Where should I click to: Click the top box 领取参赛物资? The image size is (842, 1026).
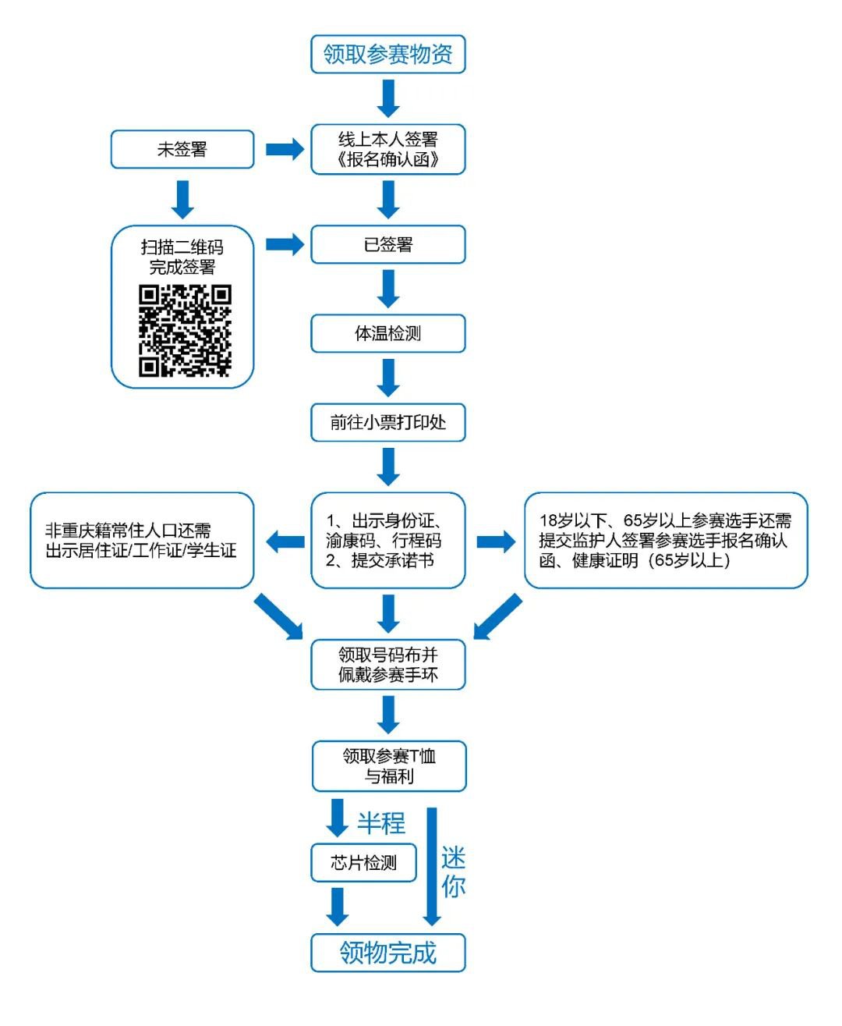tap(387, 55)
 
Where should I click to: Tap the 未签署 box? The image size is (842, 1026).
tap(182, 149)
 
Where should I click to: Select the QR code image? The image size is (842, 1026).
tap(185, 331)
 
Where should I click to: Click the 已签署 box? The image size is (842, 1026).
tap(387, 245)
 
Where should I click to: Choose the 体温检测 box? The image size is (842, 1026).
tap(387, 334)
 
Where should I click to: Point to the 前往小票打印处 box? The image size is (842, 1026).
tap(387, 423)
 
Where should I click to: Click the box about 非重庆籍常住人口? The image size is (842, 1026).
tap(142, 540)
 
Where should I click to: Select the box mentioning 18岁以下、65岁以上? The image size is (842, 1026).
tap(665, 540)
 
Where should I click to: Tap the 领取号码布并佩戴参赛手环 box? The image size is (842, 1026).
tap(387, 665)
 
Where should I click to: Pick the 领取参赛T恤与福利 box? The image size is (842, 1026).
tap(389, 766)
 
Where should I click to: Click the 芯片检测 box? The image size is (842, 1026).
tap(363, 863)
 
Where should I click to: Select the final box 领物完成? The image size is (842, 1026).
tap(387, 953)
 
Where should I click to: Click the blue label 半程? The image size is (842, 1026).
tap(381, 823)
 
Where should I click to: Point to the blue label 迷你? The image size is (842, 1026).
tap(454, 872)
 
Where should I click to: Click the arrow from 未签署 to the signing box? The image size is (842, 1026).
tap(284, 149)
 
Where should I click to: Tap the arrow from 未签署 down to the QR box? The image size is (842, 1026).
tap(182, 199)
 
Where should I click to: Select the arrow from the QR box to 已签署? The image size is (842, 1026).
tap(284, 245)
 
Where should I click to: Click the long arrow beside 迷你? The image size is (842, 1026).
tap(432, 866)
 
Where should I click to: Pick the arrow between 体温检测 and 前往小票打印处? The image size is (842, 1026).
tap(387, 378)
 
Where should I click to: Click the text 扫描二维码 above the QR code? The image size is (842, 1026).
tap(182, 247)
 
